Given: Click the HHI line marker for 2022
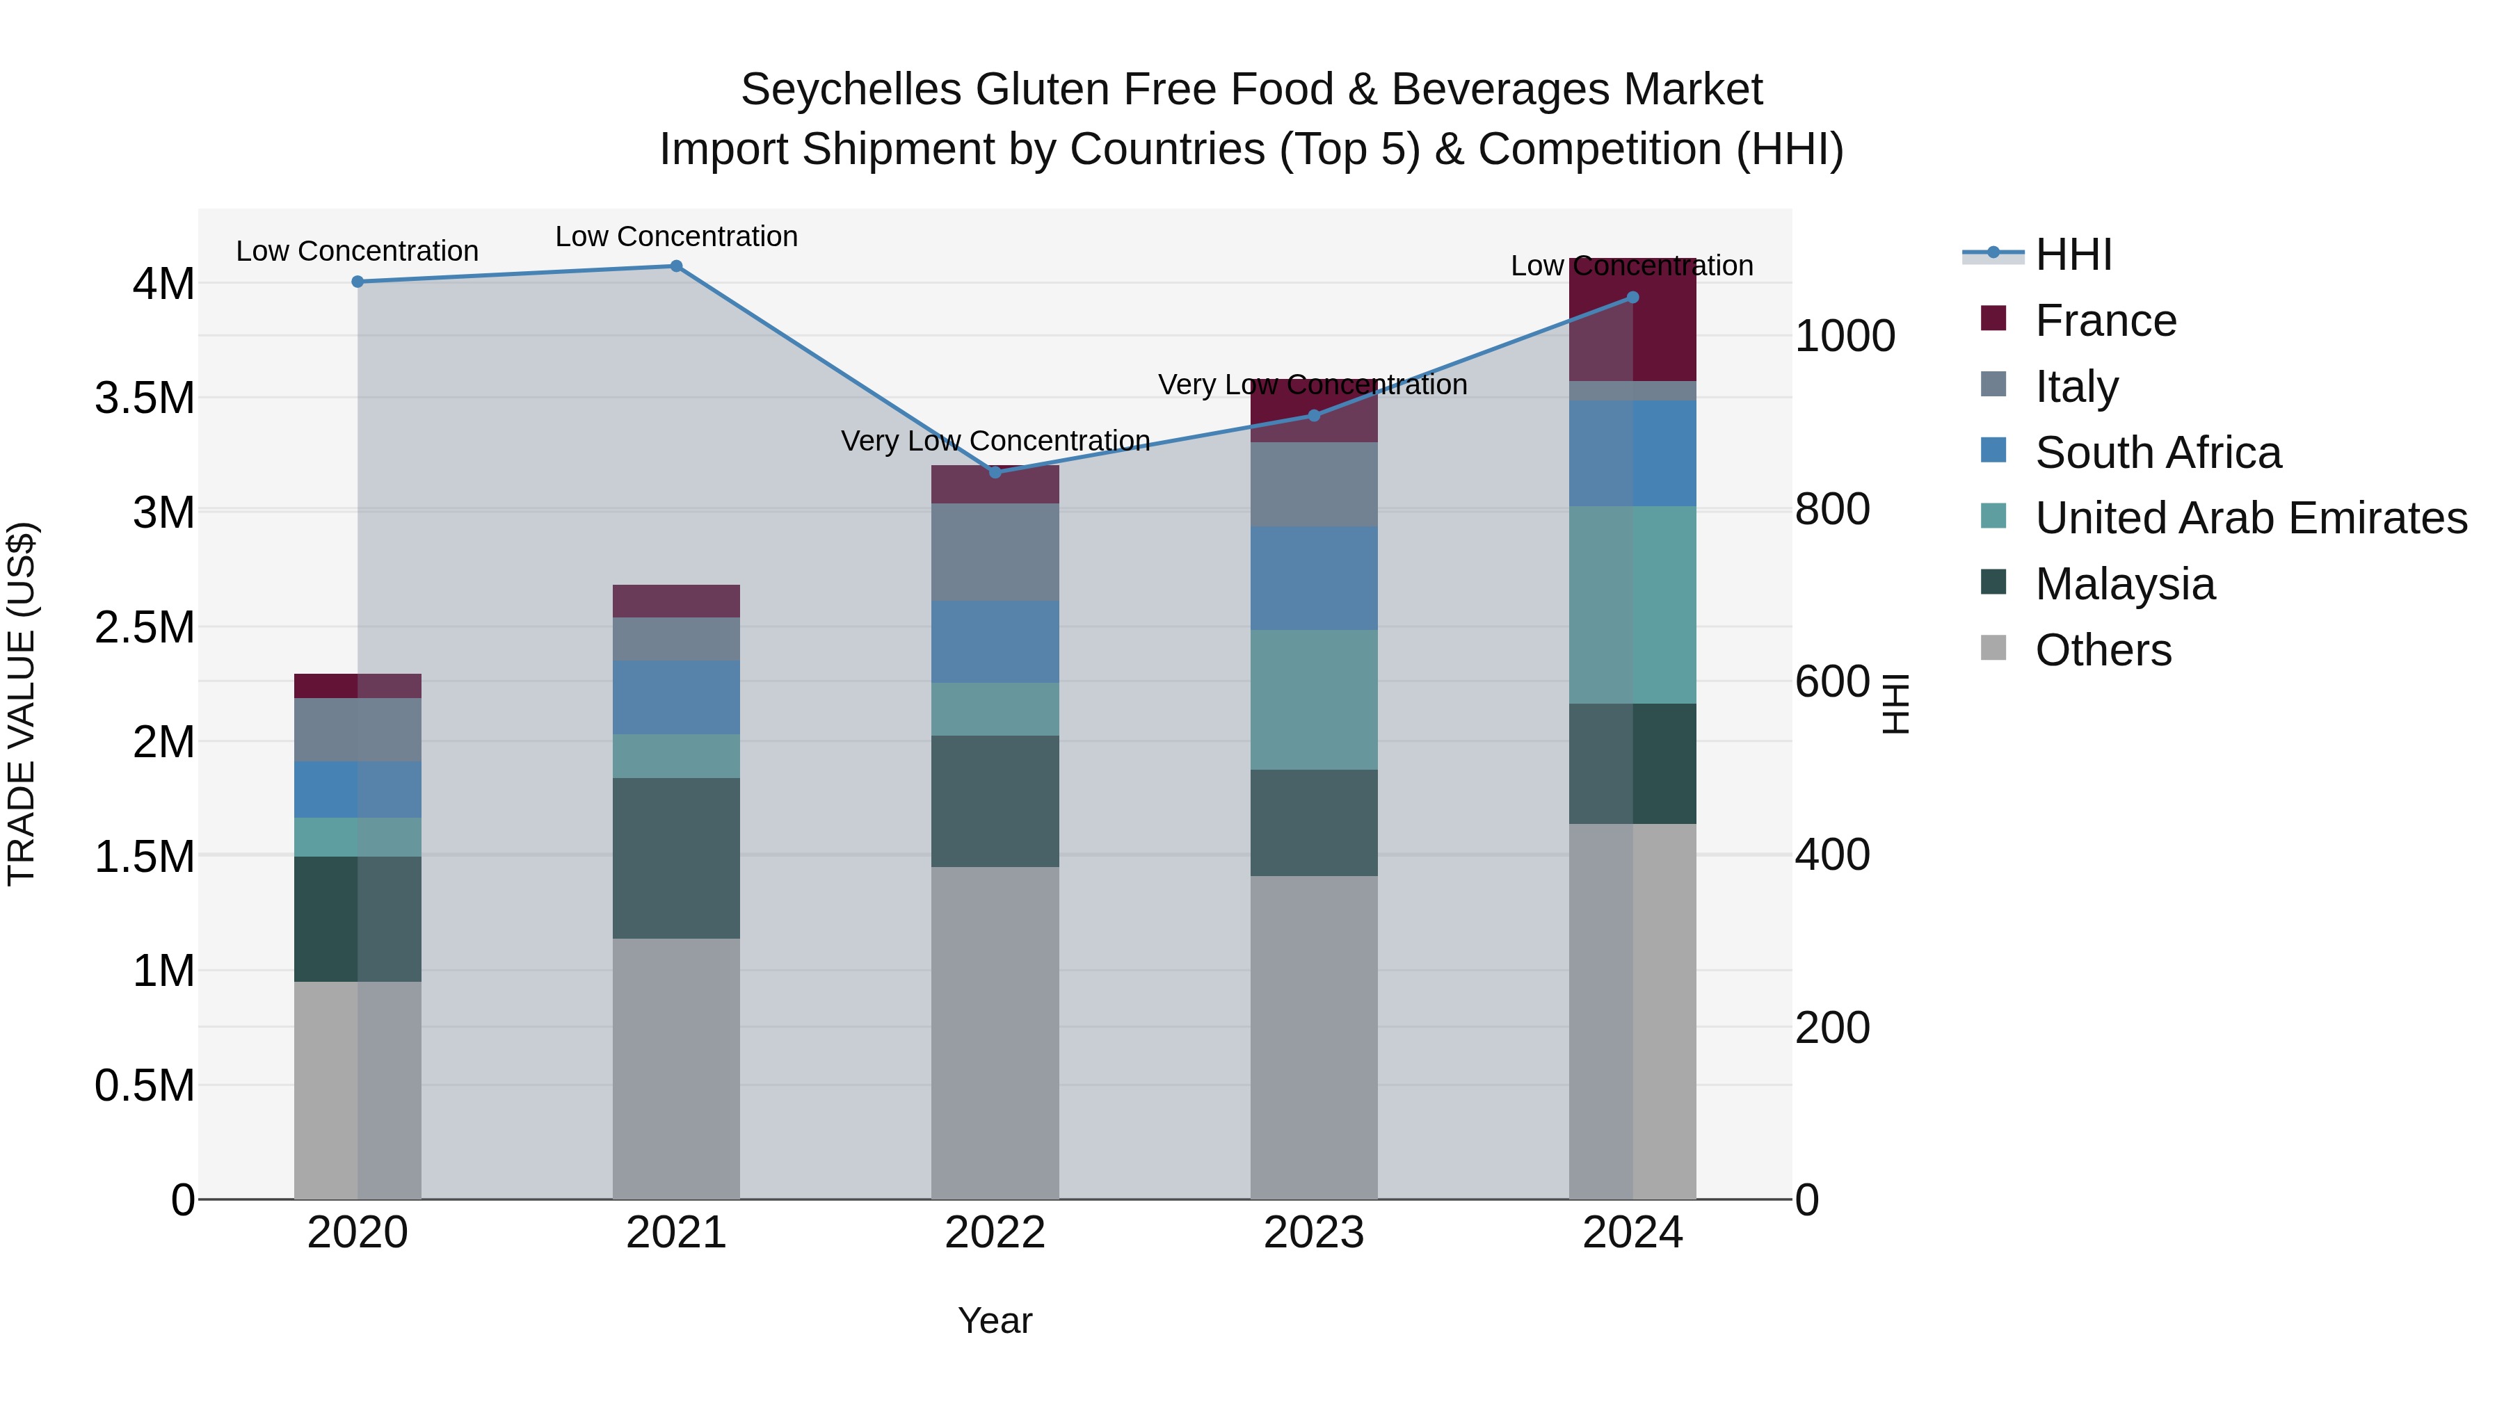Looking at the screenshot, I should pos(995,472).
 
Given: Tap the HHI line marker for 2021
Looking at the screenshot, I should pos(677,266).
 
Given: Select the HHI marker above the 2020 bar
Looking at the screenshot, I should pos(358,282).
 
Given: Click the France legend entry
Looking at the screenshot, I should pos(2105,321).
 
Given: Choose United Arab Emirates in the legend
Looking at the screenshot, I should pos(2250,518).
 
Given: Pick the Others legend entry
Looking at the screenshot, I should pos(2103,650).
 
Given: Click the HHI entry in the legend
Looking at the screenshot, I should pos(2073,254).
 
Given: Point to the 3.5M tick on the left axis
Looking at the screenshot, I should pos(145,398).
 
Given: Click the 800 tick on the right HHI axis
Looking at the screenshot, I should pos(1831,509).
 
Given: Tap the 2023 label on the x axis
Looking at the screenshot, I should pos(1313,1233).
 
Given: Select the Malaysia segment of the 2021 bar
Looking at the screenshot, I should pos(677,858).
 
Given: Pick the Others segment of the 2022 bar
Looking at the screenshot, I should pos(995,1032).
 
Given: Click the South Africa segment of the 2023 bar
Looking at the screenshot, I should pos(1313,578).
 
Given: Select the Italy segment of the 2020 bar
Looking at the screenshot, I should pos(358,730).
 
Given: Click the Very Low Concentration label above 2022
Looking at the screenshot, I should pos(995,441).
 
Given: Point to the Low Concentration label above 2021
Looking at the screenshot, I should pos(677,236).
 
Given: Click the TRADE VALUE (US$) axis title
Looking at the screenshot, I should pos(22,704).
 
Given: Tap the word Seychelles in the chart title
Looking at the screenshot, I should pos(851,90).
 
